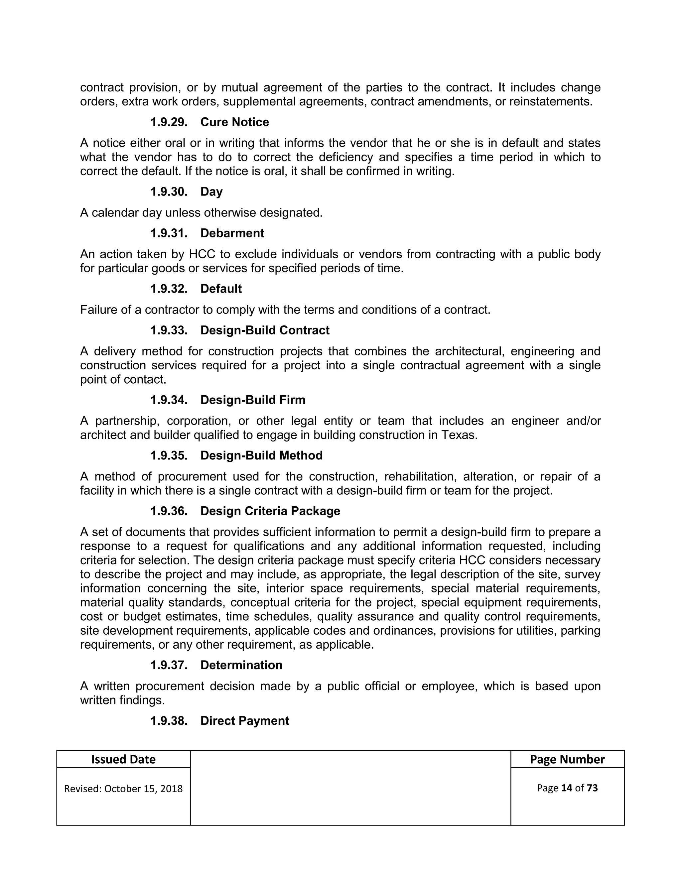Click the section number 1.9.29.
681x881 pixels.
tap(169, 122)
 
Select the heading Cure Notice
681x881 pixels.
tap(234, 122)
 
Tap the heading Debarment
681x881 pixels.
tap(232, 233)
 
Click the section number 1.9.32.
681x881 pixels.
tap(169, 289)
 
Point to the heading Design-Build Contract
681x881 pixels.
tap(265, 330)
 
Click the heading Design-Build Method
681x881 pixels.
tap(261, 455)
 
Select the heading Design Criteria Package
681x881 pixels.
tap(270, 511)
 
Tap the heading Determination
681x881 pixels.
tap(241, 665)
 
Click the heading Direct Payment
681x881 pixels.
tap(244, 721)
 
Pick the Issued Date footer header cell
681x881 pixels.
tap(123, 760)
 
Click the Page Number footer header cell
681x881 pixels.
tap(567, 760)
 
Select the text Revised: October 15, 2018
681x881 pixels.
tap(123, 789)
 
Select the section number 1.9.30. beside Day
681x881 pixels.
tap(169, 191)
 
